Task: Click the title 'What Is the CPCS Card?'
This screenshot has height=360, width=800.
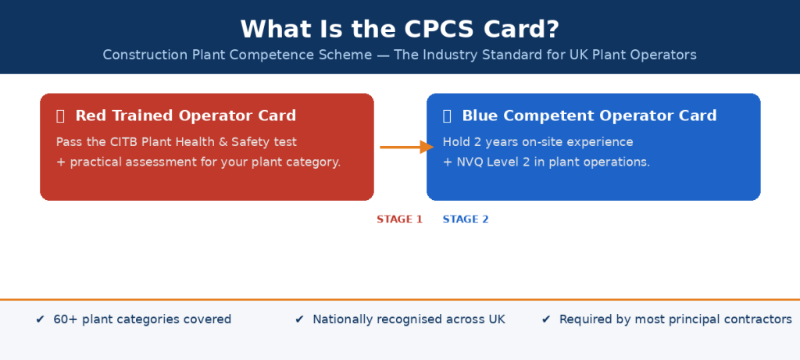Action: (399, 29)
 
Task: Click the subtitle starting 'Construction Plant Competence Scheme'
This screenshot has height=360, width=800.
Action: (399, 55)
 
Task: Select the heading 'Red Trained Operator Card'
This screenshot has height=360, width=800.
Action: (185, 116)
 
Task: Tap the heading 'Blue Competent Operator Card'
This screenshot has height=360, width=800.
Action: (589, 116)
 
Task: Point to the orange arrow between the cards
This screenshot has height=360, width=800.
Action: (405, 147)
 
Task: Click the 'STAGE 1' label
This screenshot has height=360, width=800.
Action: (399, 219)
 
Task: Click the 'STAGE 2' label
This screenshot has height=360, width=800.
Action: (466, 219)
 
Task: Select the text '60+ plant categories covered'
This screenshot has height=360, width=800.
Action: (142, 319)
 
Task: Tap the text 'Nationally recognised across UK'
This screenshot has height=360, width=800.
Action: (409, 319)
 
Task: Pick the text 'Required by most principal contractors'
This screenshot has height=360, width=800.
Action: (675, 319)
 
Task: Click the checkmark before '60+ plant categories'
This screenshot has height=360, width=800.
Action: (40, 319)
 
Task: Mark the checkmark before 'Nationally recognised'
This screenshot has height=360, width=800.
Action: (299, 319)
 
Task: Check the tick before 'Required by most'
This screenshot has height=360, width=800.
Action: (546, 319)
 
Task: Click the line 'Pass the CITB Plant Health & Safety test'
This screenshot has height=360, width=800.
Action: (177, 142)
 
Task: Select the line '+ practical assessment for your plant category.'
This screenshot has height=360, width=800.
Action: (198, 162)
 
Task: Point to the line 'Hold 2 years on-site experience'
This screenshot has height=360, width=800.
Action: (537, 142)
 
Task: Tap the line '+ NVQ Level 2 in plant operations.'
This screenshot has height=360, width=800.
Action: (546, 162)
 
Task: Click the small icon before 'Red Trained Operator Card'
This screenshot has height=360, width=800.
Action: (60, 116)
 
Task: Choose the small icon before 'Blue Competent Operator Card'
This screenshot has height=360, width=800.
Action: (447, 116)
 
